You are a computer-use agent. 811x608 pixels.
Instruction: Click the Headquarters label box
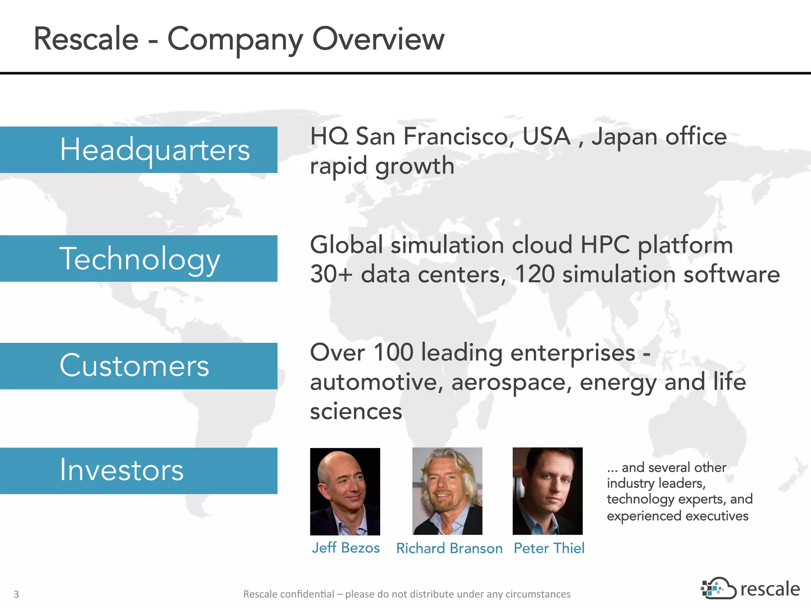click(139, 150)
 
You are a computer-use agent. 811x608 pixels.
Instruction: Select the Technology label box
click(139, 258)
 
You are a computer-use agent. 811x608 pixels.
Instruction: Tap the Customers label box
click(139, 366)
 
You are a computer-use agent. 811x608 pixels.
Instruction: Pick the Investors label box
click(139, 471)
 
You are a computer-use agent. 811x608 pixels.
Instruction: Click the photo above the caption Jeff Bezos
click(345, 491)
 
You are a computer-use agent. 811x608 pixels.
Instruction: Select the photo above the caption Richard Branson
click(447, 491)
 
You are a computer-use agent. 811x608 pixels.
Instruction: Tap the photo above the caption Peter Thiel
click(547, 491)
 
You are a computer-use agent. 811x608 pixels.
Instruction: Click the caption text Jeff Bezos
click(346, 548)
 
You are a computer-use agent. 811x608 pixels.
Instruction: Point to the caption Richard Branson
click(449, 548)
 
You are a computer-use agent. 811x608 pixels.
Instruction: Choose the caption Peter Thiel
click(549, 548)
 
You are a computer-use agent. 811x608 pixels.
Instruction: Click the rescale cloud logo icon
click(718, 589)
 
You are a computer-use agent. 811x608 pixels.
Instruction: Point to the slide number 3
click(16, 594)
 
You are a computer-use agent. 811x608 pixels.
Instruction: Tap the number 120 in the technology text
click(534, 274)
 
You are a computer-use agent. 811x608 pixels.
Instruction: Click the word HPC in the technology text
click(605, 245)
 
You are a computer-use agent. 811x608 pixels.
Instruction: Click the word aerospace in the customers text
click(511, 382)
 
